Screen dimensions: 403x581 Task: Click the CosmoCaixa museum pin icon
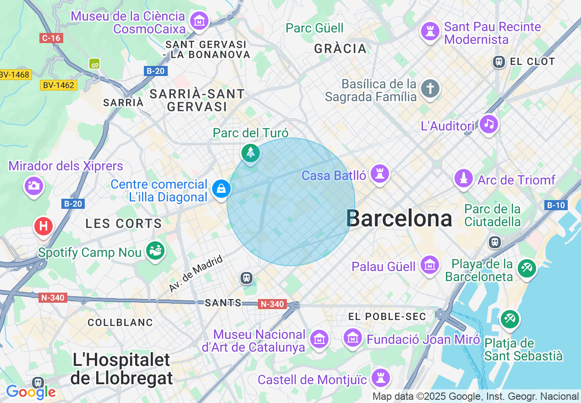(199, 21)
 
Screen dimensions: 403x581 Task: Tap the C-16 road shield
(51, 38)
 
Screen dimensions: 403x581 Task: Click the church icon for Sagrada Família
(430, 88)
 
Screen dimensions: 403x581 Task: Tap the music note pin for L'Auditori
(488, 124)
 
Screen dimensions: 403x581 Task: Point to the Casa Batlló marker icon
(379, 174)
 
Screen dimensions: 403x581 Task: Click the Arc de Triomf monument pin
(464, 179)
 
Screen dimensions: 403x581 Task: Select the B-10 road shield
(556, 205)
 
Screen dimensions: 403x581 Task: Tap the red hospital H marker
(44, 226)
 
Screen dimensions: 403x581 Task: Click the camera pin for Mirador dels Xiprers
(33, 186)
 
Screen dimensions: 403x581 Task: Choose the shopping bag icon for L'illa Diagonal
(221, 189)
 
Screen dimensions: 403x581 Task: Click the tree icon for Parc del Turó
(251, 152)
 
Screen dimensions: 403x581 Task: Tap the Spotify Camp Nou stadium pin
(155, 251)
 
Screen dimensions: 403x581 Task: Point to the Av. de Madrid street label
(196, 273)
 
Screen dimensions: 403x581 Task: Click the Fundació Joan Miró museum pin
(353, 338)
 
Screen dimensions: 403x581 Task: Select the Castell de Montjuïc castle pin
(381, 378)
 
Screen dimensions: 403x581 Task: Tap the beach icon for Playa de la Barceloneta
(526, 269)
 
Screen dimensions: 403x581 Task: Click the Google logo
(31, 392)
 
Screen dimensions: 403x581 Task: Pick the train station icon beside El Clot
(499, 61)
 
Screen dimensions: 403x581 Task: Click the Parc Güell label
(314, 28)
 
